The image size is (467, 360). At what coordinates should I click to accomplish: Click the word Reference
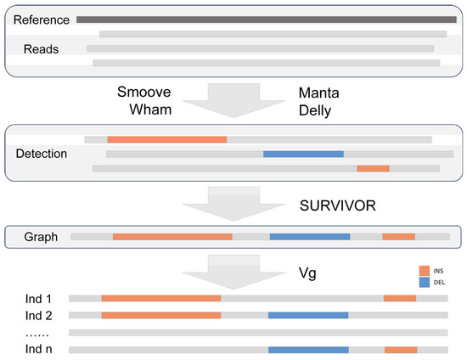pyautogui.click(x=40, y=19)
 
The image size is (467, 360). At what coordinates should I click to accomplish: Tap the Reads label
pyautogui.click(x=42, y=49)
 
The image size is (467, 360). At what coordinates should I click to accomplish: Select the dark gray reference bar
pyautogui.click(x=266, y=18)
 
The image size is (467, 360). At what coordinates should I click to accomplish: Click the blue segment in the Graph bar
pyautogui.click(x=309, y=237)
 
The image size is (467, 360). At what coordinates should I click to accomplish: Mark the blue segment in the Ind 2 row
pyautogui.click(x=308, y=315)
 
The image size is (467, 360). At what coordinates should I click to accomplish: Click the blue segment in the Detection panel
pyautogui.click(x=303, y=154)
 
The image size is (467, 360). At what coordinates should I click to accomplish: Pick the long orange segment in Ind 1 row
pyautogui.click(x=161, y=299)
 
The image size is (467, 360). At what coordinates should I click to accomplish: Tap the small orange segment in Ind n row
pyautogui.click(x=401, y=349)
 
